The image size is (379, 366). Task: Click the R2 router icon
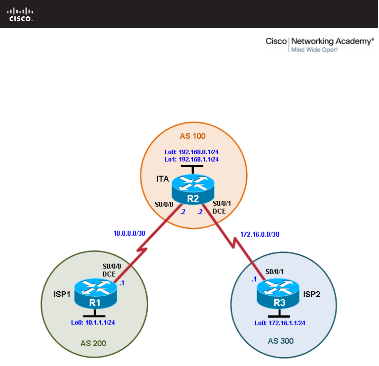coord(193,189)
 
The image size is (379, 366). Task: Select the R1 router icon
coord(95,293)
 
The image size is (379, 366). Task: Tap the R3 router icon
coord(279,294)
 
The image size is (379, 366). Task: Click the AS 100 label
coord(193,136)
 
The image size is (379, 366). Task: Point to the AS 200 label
coord(93,343)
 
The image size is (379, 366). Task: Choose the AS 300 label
coord(281,341)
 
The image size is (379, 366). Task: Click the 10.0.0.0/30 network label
coord(129,233)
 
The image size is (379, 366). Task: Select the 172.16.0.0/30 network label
coord(260,234)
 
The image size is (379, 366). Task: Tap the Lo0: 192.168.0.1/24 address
coord(192,152)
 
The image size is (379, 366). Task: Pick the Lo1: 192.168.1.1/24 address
coord(192,159)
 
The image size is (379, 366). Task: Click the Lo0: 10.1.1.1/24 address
coord(93,323)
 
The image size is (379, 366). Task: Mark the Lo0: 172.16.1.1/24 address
coord(280,323)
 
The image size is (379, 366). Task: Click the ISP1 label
coord(62,294)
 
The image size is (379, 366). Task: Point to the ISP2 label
coord(312,294)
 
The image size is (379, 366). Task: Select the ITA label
coord(162,179)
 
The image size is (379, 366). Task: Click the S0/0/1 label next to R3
coord(275,271)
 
